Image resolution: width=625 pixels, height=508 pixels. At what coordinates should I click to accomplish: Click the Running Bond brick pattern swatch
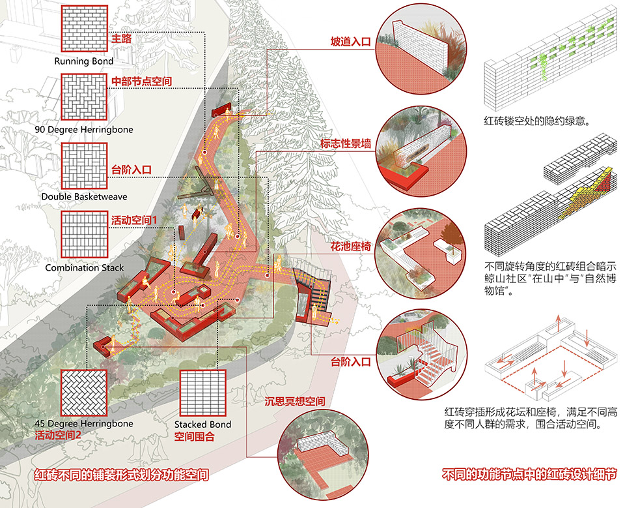tap(83, 30)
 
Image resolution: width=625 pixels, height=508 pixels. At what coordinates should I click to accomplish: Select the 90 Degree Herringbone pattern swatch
tap(83, 97)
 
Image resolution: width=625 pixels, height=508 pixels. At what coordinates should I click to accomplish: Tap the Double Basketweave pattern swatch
tap(83, 164)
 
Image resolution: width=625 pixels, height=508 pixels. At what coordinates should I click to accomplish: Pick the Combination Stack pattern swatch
tap(83, 235)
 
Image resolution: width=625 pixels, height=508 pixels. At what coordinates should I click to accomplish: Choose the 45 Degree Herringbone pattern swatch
tap(83, 392)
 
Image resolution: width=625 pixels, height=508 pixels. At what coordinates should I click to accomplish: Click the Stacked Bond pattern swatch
tap(202, 392)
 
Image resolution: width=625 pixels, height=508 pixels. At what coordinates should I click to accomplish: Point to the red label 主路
tap(121, 39)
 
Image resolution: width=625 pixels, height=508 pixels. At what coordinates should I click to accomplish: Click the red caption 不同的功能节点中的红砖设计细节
tap(529, 474)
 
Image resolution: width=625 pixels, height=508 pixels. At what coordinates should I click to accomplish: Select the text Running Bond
tap(83, 62)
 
